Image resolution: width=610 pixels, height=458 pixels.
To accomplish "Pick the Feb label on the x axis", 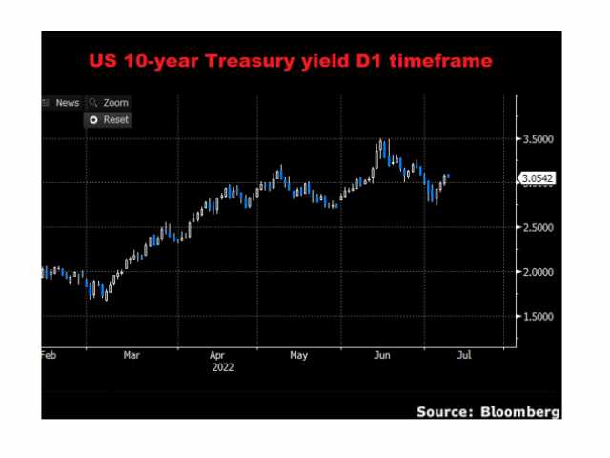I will pos(49,355).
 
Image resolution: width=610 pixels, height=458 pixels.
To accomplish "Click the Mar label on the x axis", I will pos(132,355).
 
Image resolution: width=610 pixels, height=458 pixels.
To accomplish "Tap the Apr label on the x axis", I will pos(217,355).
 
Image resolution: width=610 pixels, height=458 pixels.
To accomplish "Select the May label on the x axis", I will pos(298,355).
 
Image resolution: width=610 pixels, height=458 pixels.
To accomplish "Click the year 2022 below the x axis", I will pos(221,366).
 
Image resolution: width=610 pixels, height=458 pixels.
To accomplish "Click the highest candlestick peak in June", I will pos(381,141).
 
